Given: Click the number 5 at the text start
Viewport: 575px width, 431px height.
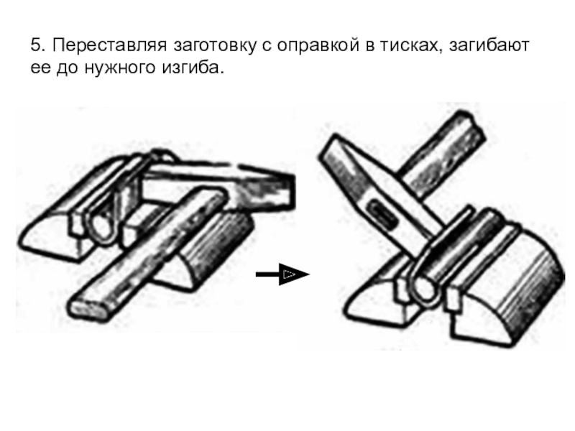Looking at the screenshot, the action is tap(35, 47).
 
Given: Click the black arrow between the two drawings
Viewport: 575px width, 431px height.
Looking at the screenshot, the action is tap(282, 274).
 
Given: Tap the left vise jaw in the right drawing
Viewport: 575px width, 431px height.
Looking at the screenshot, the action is tap(374, 298).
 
